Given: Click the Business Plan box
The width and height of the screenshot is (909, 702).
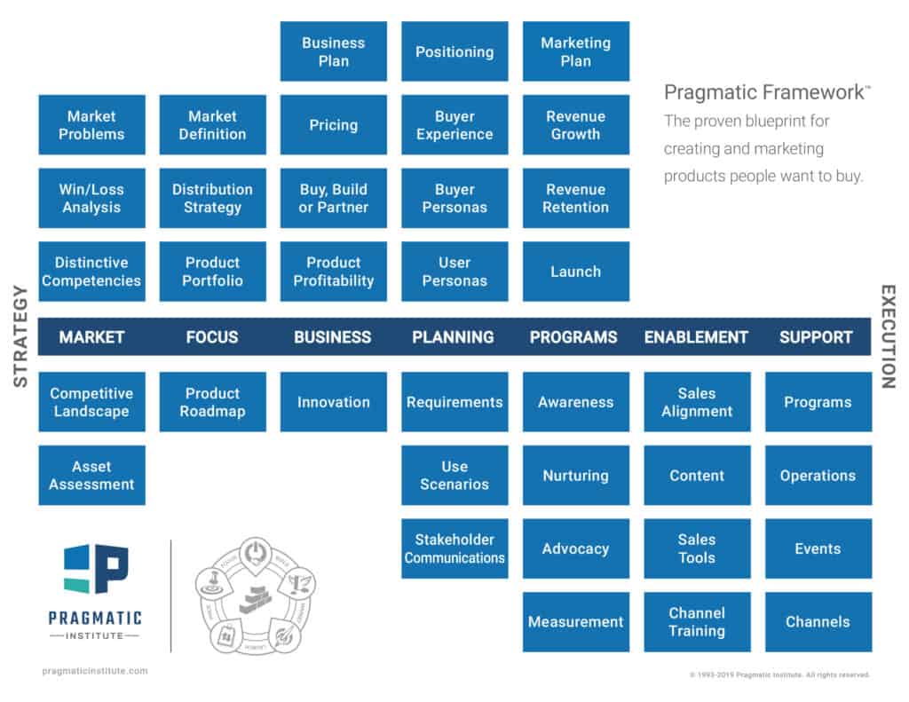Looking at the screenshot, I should (334, 51).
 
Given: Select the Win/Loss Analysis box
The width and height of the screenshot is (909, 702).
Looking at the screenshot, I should (91, 198).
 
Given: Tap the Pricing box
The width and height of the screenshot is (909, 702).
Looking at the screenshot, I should (334, 125).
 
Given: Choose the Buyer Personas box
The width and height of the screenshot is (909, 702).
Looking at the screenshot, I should (454, 198).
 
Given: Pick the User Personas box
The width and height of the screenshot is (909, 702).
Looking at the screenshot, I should (454, 272).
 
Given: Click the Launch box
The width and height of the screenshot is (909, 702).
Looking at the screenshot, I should (575, 272).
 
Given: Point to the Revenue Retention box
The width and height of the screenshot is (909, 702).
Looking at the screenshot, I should (575, 198).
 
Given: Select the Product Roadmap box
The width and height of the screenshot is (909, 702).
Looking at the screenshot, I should (212, 402).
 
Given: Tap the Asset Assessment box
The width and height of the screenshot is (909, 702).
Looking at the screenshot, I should (91, 475).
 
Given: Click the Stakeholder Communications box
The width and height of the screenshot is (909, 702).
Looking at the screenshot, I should (454, 548).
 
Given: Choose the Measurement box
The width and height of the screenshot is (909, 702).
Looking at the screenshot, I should (575, 622).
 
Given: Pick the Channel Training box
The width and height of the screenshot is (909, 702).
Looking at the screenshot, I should (697, 622).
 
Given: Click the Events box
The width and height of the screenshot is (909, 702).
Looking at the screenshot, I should (818, 548).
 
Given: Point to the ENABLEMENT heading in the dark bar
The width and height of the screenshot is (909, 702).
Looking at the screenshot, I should (696, 337).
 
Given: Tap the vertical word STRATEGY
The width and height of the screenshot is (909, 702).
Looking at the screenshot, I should (20, 337).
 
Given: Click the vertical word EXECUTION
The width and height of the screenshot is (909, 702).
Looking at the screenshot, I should (888, 337).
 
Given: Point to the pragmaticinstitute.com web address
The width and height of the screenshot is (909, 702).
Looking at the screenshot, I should (95, 671).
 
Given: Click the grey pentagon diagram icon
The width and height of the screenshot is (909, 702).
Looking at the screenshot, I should (255, 595).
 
